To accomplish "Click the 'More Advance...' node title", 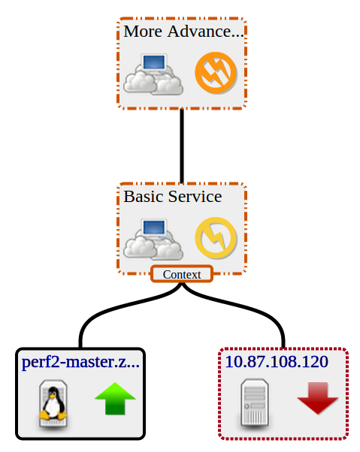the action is click(183, 31).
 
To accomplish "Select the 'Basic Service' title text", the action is click(173, 196).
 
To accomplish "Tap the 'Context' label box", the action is click(182, 274).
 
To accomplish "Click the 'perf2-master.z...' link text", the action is click(80, 363).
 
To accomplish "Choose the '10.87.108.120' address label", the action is click(277, 361).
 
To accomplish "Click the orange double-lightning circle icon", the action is click(216, 73).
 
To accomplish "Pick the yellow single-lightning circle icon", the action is click(216, 238).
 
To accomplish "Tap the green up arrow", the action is click(115, 399).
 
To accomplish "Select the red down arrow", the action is click(318, 399).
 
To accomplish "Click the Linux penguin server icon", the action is click(53, 404).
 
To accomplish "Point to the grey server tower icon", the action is click(255, 403).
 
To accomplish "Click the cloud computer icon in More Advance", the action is click(153, 74).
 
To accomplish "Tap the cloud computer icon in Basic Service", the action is click(153, 240).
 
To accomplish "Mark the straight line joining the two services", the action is click(182, 146).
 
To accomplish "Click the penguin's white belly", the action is click(53, 407).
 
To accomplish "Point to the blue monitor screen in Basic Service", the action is click(154, 228).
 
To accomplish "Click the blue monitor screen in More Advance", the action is click(154, 62).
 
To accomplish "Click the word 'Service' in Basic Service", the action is click(195, 196).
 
